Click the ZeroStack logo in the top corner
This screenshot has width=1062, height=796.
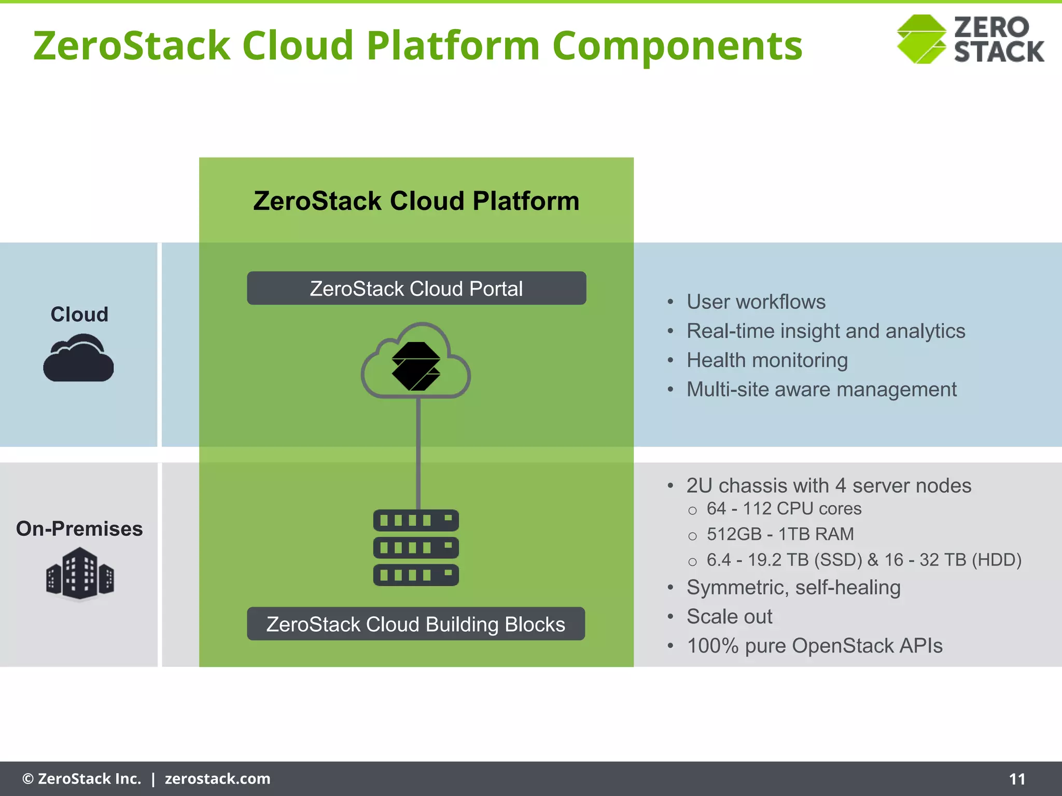click(970, 39)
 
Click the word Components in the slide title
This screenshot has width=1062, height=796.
click(677, 46)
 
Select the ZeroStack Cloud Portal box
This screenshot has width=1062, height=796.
click(416, 288)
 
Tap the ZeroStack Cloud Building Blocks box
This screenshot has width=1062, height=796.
click(416, 624)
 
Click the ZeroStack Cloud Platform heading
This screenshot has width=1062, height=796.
click(416, 201)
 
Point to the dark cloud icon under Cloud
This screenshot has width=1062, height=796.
click(79, 359)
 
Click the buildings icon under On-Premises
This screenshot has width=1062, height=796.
click(80, 575)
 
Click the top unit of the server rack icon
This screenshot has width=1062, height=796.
click(416, 520)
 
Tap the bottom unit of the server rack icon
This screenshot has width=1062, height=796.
click(416, 575)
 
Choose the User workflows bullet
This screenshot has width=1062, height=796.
click(756, 302)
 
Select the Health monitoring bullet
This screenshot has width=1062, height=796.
click(767, 360)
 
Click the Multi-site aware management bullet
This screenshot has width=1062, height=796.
click(821, 389)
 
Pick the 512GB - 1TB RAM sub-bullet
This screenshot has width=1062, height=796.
click(780, 534)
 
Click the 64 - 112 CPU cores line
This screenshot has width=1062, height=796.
click(784, 509)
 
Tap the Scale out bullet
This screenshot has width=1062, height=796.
click(729, 617)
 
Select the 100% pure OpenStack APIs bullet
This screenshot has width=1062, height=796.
click(814, 646)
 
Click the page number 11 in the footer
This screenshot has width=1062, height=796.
click(1017, 779)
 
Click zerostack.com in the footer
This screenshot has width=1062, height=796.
click(217, 779)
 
